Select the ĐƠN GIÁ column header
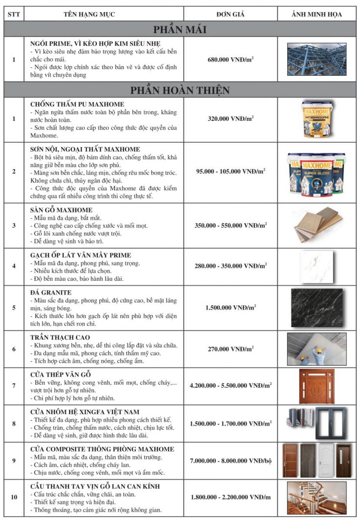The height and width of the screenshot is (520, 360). pos(230,14)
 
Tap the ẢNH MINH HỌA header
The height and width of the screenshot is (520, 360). pos(316,14)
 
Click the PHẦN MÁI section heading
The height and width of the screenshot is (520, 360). pos(180,29)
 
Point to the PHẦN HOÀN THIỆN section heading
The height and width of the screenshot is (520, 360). pos(180,90)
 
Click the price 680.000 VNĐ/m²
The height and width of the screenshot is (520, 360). pos(230,59)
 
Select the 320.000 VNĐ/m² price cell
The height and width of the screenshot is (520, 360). pos(230,118)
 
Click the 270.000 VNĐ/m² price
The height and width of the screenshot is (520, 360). pos(230,348)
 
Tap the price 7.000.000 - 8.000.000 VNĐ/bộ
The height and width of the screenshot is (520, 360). pos(230,460)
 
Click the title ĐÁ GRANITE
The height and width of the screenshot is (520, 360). pos(51,292)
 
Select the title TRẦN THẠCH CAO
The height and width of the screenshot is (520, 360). pos(60,338)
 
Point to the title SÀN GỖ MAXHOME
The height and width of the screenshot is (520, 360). pos(61,210)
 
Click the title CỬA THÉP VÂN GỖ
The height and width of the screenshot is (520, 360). pos(60,374)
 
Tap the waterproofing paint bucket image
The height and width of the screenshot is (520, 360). pos(316,118)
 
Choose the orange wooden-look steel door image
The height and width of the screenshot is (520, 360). pos(317,386)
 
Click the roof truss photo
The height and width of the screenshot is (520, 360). pos(316,59)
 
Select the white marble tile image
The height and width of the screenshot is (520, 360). pos(316,266)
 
